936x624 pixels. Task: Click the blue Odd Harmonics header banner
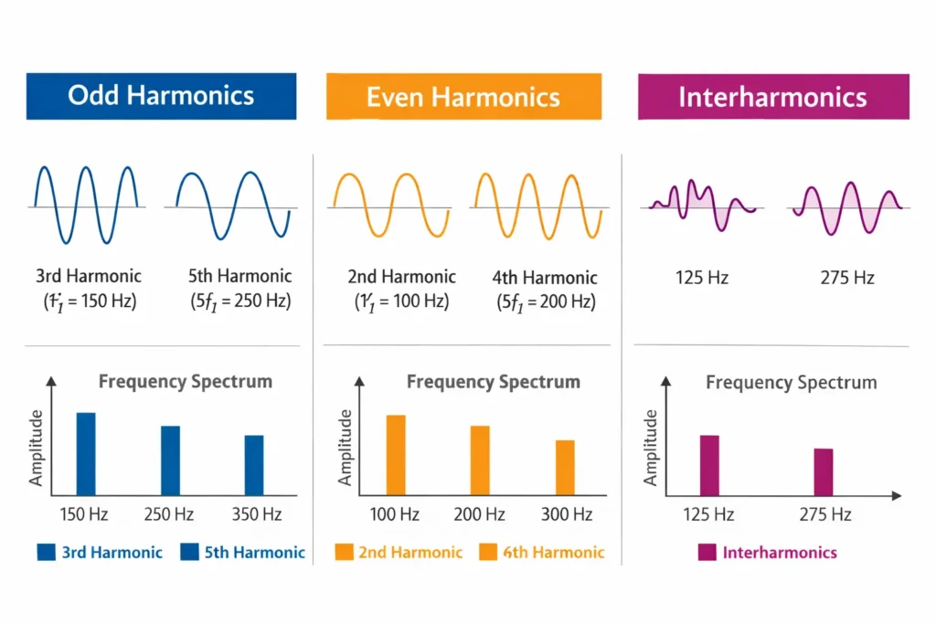161,96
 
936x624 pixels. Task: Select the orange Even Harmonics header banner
463,97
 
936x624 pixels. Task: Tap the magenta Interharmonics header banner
772,97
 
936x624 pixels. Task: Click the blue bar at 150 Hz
86,453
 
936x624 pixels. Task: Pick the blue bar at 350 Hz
254,464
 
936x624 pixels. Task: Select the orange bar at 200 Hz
480,460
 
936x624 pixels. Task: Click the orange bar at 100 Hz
396,454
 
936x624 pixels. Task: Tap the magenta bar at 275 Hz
824,471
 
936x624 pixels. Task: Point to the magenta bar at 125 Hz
709,465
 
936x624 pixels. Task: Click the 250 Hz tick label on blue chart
170,514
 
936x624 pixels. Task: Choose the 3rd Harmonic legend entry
100,552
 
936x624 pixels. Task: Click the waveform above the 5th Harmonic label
233,206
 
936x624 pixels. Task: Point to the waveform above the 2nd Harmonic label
390,206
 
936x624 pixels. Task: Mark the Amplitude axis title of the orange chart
346,447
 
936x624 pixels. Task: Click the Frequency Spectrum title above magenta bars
791,382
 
